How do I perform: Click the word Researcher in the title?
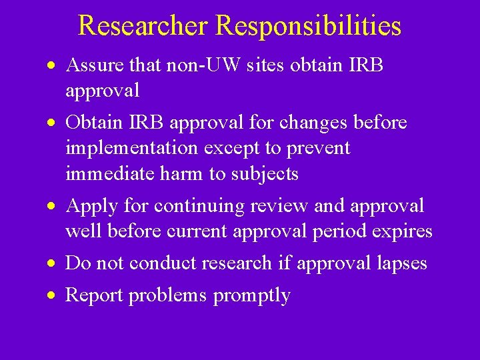(x=144, y=25)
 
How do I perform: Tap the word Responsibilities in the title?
(x=309, y=25)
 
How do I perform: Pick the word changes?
(x=315, y=123)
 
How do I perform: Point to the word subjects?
(x=265, y=173)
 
